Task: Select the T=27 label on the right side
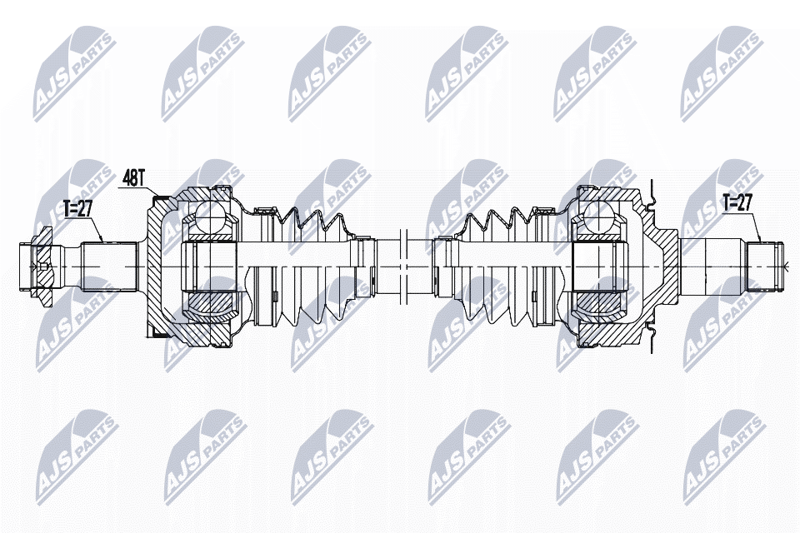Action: click(737, 202)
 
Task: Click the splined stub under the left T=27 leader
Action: click(108, 266)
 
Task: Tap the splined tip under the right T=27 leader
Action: click(765, 265)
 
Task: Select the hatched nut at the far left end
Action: click(38, 265)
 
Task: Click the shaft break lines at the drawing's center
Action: click(402, 265)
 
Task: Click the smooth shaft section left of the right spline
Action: click(712, 265)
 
